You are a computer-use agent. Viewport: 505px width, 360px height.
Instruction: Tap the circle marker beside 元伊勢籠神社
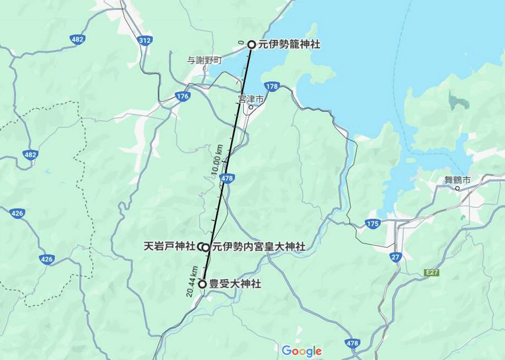251,45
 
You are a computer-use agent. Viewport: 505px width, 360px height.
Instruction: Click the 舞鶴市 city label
458,180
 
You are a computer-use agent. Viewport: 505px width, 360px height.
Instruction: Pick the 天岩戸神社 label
169,246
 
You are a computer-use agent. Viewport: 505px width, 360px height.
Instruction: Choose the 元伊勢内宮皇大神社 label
258,247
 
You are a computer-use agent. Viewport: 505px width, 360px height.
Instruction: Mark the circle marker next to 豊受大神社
202,284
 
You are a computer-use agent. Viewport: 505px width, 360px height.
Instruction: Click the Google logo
301,352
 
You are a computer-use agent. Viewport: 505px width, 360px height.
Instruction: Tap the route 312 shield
146,40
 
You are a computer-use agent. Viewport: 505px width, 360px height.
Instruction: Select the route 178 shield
272,86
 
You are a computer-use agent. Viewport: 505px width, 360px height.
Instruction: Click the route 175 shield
373,224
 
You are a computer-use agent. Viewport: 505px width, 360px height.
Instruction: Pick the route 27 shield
396,256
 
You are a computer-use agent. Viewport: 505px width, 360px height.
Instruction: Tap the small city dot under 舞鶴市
458,189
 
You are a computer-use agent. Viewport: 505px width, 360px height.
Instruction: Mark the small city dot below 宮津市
251,108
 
